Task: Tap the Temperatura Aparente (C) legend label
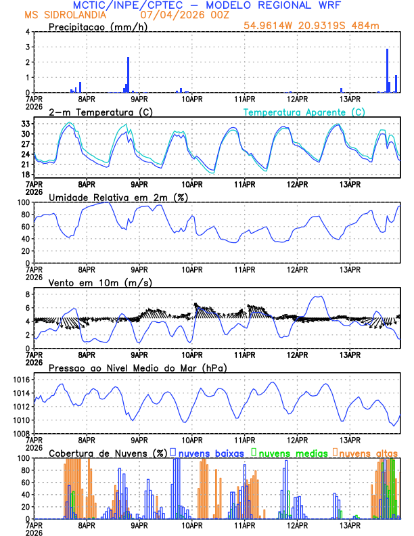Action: tap(304, 112)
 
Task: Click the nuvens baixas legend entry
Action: tap(208, 453)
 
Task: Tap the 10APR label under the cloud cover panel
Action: tap(192, 525)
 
